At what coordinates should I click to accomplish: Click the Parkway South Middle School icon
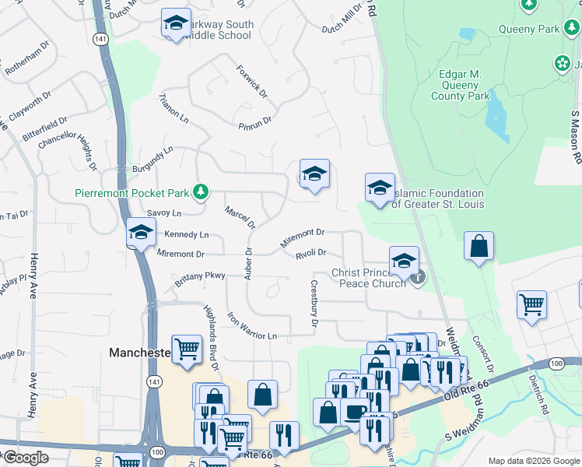pos(176,23)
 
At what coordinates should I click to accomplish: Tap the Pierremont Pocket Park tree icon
pos(201,191)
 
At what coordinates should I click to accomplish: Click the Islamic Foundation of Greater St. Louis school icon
pos(380,188)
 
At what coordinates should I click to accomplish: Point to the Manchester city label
pos(139,353)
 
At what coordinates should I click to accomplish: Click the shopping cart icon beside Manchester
pos(188,349)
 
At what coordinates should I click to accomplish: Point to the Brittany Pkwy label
pos(199,279)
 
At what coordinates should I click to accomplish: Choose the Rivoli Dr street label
pos(310,252)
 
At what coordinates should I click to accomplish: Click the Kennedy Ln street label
pos(186,234)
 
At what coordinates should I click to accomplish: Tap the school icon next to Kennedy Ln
pos(141,232)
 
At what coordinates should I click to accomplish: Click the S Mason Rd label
pos(576,136)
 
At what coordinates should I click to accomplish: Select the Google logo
pos(25,458)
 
